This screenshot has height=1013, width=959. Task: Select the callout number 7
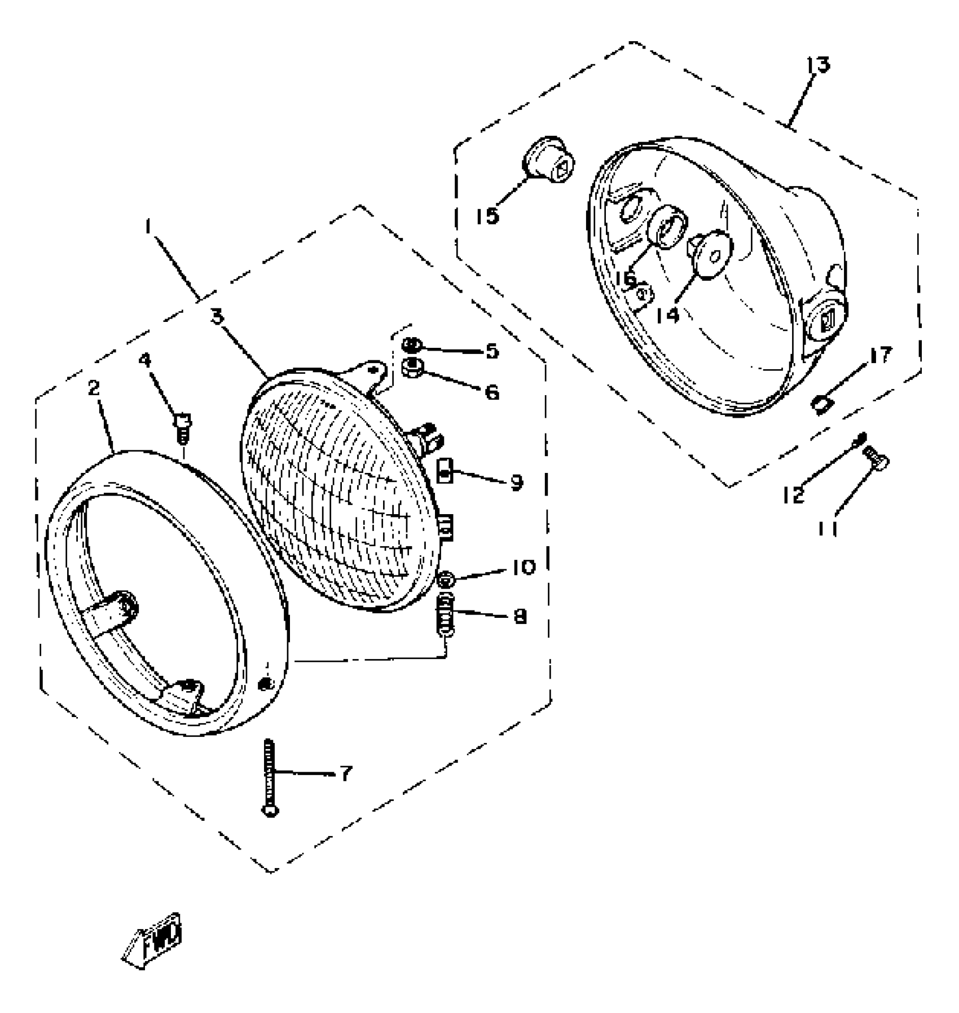pyautogui.click(x=345, y=773)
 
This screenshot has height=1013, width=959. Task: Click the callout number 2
pyautogui.click(x=94, y=387)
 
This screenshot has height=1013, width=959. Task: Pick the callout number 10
pyautogui.click(x=524, y=567)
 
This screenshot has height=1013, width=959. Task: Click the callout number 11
pyautogui.click(x=827, y=528)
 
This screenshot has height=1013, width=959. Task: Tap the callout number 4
pyautogui.click(x=146, y=360)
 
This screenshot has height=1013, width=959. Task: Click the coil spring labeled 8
pyautogui.click(x=446, y=615)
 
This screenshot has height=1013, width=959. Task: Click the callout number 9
pyautogui.click(x=516, y=483)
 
